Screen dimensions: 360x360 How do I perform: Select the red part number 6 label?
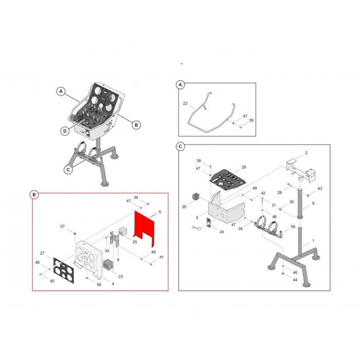click(x=160, y=212)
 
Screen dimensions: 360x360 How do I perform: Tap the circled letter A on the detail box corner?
click(x=180, y=85)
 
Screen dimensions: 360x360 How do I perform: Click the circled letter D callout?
click(x=65, y=131)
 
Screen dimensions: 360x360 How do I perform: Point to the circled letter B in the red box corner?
click(x=34, y=195)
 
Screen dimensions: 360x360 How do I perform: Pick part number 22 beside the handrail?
click(x=185, y=103)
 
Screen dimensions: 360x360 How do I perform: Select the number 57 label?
click(x=62, y=227)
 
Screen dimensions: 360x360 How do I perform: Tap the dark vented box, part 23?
click(x=108, y=265)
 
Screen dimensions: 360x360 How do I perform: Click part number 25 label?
click(x=135, y=242)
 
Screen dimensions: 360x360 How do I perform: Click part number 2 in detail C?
click(x=306, y=153)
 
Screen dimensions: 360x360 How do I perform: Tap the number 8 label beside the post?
click(x=313, y=203)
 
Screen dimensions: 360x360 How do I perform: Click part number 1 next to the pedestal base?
click(x=313, y=241)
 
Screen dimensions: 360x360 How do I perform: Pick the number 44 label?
click(x=295, y=280)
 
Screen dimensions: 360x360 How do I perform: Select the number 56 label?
click(x=293, y=227)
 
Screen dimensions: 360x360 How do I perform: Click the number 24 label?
click(x=221, y=232)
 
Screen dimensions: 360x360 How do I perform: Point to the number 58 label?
click(x=99, y=285)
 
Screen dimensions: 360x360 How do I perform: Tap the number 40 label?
click(x=52, y=281)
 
